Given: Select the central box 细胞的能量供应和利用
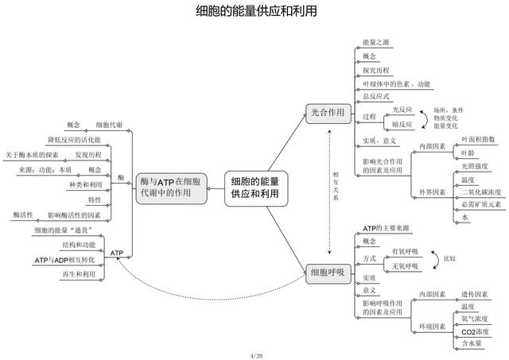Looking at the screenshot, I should [x=255, y=188].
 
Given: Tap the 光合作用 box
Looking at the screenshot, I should [x=328, y=114].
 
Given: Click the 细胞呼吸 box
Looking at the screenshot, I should [x=328, y=273].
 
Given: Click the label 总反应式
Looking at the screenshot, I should [x=376, y=97].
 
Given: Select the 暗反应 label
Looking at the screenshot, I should [x=402, y=125].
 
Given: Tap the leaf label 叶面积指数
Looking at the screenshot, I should [x=480, y=138].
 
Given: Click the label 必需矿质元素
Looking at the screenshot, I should [x=480, y=204].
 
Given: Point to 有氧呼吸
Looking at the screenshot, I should [x=405, y=251].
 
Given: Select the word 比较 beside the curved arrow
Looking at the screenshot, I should [x=449, y=258].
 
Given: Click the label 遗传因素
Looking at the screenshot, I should [x=476, y=294].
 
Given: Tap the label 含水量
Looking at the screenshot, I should [x=472, y=343].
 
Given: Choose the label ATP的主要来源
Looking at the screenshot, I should [x=386, y=228].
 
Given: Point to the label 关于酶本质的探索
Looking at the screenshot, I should [x=31, y=154].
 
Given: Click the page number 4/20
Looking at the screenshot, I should [x=255, y=354].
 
